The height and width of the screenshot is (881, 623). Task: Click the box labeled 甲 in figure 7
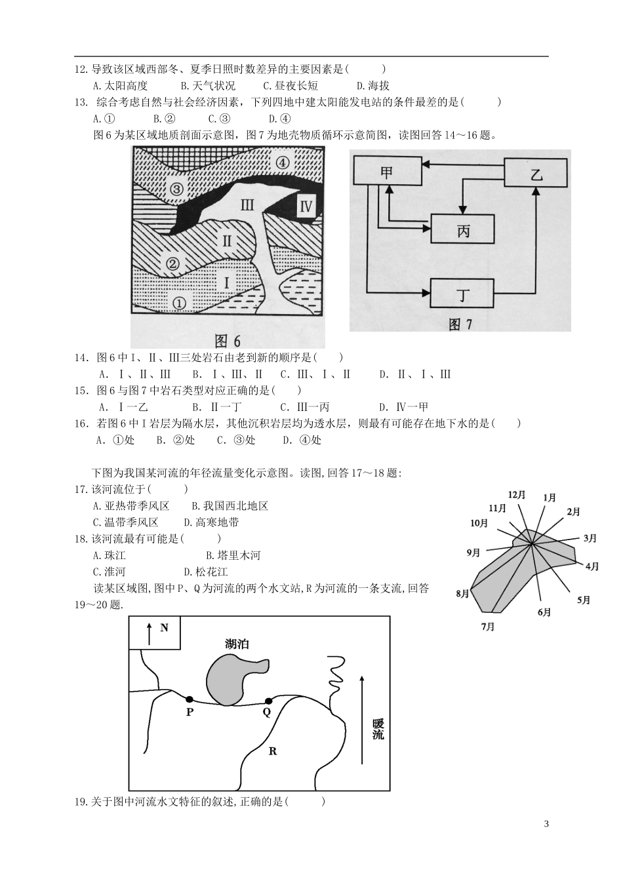coord(387,173)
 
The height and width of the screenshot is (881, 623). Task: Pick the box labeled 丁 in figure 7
coord(462,293)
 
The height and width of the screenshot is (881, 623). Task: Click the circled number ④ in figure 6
coord(282,163)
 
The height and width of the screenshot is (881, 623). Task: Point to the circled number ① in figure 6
coord(179,302)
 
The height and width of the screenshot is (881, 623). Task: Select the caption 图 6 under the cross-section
coord(228,340)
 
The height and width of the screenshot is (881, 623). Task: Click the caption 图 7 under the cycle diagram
coord(460,324)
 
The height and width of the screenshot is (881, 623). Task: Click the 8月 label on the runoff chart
coord(462,594)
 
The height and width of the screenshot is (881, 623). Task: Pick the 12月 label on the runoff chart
coord(517,495)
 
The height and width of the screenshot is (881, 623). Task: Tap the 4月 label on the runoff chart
coord(592,566)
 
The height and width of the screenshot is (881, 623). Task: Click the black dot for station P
coord(190,699)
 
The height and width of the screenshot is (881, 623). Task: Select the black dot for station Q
coord(268,701)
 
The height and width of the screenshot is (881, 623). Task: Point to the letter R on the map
coord(273,751)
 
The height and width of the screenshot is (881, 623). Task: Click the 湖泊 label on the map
coord(237,644)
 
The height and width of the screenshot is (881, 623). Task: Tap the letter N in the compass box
coord(164,627)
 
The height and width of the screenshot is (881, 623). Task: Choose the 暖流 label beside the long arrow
coord(378,730)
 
